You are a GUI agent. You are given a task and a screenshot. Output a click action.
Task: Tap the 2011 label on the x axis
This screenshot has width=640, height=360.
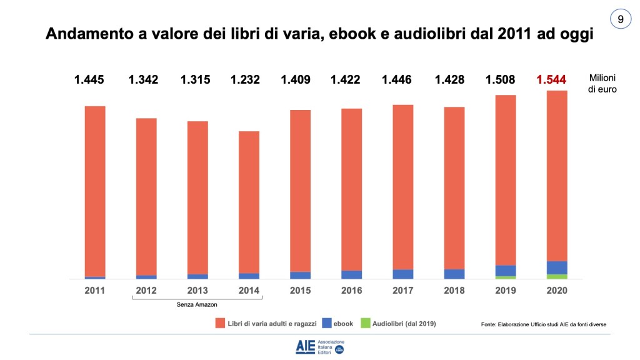point(95,291)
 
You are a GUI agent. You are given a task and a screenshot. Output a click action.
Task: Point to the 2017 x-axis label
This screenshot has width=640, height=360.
point(402,291)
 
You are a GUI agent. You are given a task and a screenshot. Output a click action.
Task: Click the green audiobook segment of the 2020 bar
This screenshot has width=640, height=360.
point(557,276)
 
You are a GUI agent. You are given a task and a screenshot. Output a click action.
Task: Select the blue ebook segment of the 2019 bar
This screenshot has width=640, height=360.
point(506,270)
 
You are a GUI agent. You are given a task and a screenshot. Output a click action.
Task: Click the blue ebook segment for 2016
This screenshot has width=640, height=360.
point(351,274)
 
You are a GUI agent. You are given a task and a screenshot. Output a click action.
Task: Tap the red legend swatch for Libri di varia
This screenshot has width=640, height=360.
point(220,323)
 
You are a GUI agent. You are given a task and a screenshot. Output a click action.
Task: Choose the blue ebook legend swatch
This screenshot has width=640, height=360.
point(326,323)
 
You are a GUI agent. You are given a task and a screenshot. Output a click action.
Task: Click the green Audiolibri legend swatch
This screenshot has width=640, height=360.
point(364,323)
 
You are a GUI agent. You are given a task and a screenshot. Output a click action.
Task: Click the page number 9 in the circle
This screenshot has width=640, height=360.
point(620,19)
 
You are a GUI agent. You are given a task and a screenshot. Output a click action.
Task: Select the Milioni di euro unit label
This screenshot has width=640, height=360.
point(602,84)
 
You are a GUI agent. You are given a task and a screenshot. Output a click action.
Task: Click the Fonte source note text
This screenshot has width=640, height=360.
point(544,324)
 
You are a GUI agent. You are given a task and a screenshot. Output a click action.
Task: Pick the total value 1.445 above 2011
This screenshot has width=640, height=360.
point(89,79)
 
